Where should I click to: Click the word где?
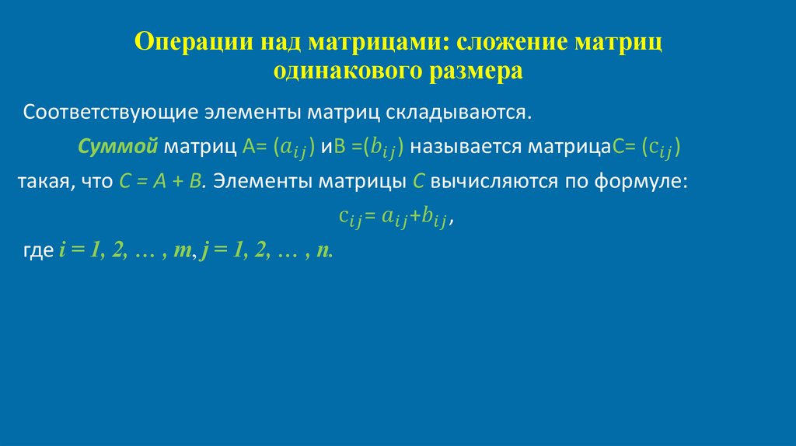38,254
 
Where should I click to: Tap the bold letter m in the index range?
184,254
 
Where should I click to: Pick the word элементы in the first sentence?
253,112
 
